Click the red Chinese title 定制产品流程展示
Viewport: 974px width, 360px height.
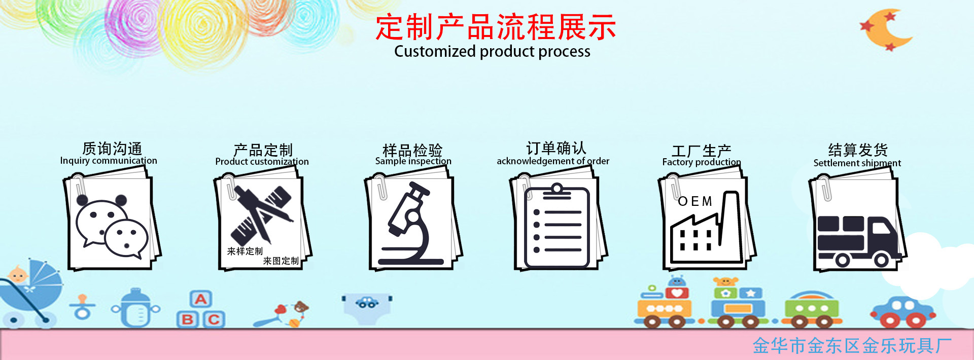[495, 27]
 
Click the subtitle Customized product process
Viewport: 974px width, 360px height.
[492, 52]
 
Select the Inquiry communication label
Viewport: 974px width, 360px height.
[109, 161]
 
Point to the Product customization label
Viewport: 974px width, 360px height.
[262, 162]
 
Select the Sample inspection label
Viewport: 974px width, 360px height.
[413, 161]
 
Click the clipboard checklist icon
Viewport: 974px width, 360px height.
[556, 227]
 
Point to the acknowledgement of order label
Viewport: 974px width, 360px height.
[553, 161]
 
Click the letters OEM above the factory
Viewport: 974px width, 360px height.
[695, 202]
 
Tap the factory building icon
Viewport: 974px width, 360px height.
[703, 231]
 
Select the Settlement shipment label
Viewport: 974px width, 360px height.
[857, 163]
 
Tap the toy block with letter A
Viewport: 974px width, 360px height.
[201, 300]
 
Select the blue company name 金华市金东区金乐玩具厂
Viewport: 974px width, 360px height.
[852, 346]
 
